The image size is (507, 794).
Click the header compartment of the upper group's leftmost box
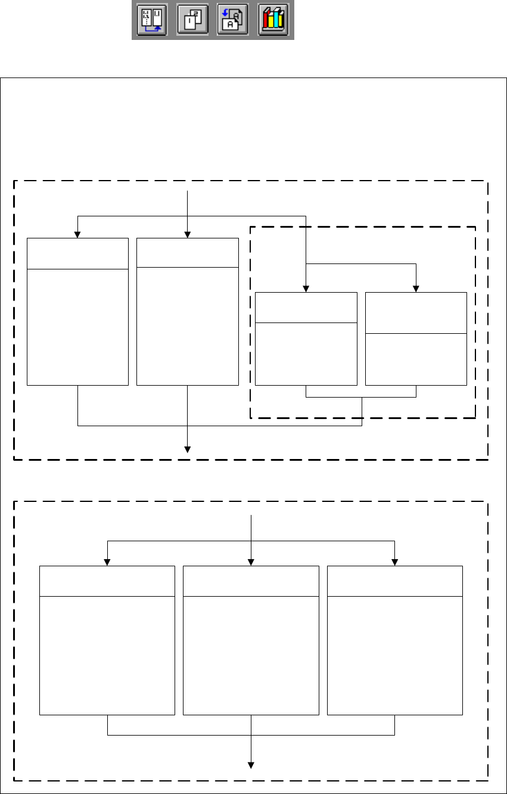point(77,253)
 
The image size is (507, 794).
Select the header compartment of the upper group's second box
point(187,252)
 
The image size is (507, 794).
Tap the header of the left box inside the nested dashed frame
point(306,307)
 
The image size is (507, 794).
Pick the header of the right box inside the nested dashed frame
point(416,312)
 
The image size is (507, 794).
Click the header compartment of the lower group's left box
point(107,581)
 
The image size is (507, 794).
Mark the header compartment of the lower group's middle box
point(251,581)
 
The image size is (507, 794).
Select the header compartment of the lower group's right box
point(395,581)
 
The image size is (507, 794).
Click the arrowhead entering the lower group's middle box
point(251,562)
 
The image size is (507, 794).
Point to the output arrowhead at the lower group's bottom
point(251,765)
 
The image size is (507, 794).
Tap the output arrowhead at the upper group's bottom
point(187,449)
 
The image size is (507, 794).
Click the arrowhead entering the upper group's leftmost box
point(77,234)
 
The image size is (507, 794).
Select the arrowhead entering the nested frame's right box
point(416,288)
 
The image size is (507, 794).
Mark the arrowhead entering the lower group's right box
point(395,562)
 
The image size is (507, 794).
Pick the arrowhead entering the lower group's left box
point(107,562)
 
